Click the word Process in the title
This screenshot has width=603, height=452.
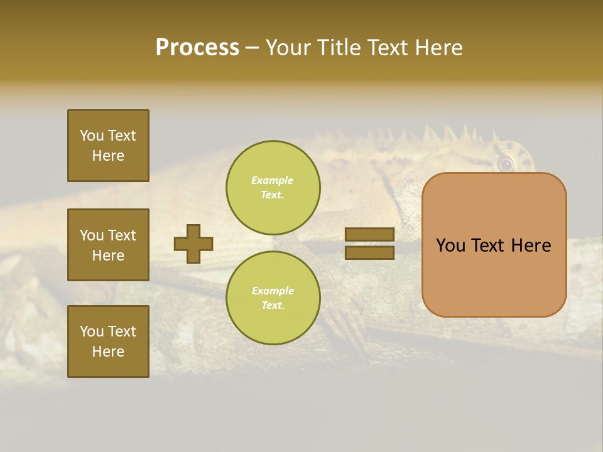pos(197,48)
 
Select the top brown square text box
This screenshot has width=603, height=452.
pos(108,146)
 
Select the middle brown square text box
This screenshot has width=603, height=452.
pos(108,245)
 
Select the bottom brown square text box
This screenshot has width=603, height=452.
pos(108,341)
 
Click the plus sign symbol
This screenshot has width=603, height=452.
pos(193,244)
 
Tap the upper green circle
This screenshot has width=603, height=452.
pos(273,187)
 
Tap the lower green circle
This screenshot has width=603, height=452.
pos(273,298)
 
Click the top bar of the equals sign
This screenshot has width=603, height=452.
pos(369,234)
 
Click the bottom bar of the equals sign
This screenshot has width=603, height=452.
pos(369,252)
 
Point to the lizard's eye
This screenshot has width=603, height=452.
pos(505,164)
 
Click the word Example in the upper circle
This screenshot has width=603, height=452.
pos(273,180)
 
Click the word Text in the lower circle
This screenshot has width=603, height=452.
pos(272,306)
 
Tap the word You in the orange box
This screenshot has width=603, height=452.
pos(450,245)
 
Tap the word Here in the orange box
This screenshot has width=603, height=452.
pos(531,245)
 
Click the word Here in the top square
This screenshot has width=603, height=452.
pos(108,156)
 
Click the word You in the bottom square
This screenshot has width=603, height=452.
pos(92,331)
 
